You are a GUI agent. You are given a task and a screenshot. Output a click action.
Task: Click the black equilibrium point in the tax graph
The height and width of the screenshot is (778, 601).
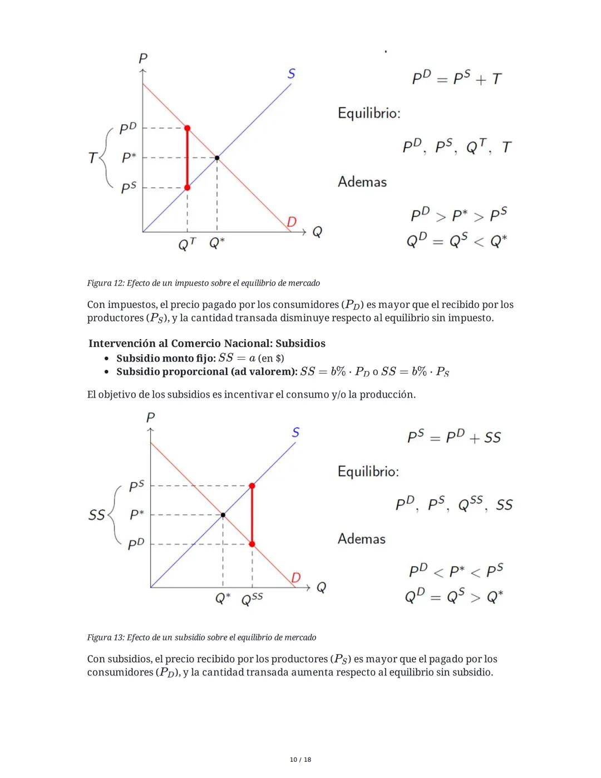tap(217, 158)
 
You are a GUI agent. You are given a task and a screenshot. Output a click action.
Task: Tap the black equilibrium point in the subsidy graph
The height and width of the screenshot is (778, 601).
tap(223, 515)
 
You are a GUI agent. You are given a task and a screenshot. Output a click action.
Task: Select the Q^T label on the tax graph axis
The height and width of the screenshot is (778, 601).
tap(186, 244)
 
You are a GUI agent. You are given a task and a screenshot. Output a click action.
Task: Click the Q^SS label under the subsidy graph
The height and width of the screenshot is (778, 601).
tap(252, 599)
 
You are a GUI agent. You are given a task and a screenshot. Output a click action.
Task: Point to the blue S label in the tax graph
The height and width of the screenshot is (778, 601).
tap(291, 74)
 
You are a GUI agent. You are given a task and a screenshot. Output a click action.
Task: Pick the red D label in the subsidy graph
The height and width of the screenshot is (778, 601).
tap(295, 578)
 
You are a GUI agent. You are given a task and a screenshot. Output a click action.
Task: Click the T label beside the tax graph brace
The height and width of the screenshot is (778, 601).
tap(92, 158)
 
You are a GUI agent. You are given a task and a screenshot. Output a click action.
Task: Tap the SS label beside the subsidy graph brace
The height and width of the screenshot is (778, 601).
tap(96, 515)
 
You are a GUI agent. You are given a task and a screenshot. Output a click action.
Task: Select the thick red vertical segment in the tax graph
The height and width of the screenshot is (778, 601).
tap(187, 158)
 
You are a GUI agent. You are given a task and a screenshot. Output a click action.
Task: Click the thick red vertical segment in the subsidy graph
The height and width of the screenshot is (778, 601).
tap(252, 515)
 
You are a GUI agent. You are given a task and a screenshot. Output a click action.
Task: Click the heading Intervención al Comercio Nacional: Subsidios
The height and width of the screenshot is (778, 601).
tap(206, 344)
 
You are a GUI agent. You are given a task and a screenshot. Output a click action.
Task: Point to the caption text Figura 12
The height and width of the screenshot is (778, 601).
tap(106, 283)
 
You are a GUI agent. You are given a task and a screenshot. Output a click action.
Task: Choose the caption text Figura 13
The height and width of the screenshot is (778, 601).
tap(106, 637)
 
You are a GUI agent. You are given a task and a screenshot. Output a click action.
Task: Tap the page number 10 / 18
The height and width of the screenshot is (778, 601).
tap(300, 760)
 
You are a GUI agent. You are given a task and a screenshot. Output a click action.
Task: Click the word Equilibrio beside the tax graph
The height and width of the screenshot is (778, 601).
tap(368, 113)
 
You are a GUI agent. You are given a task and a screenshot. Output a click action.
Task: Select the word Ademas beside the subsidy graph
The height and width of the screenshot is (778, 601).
tap(361, 539)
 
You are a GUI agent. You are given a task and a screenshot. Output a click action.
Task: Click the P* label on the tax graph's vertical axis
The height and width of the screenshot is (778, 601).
tap(129, 158)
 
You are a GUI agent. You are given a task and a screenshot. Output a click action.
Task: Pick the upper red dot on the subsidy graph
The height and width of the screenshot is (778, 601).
tap(252, 486)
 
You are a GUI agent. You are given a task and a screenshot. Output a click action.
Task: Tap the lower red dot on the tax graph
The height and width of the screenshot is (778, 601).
tap(187, 188)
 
